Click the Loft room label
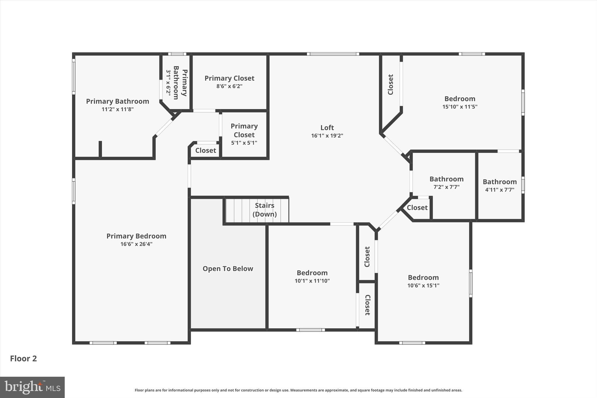327,128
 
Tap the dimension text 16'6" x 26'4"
136,244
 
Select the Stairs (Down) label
264,210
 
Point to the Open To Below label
228,269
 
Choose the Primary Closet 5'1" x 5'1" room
244,134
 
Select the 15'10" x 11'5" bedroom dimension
460,107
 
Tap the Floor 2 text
23,359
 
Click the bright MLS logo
32,387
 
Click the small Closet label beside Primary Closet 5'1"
206,150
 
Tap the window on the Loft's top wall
333,54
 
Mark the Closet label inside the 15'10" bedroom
391,85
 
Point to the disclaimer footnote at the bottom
298,390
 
